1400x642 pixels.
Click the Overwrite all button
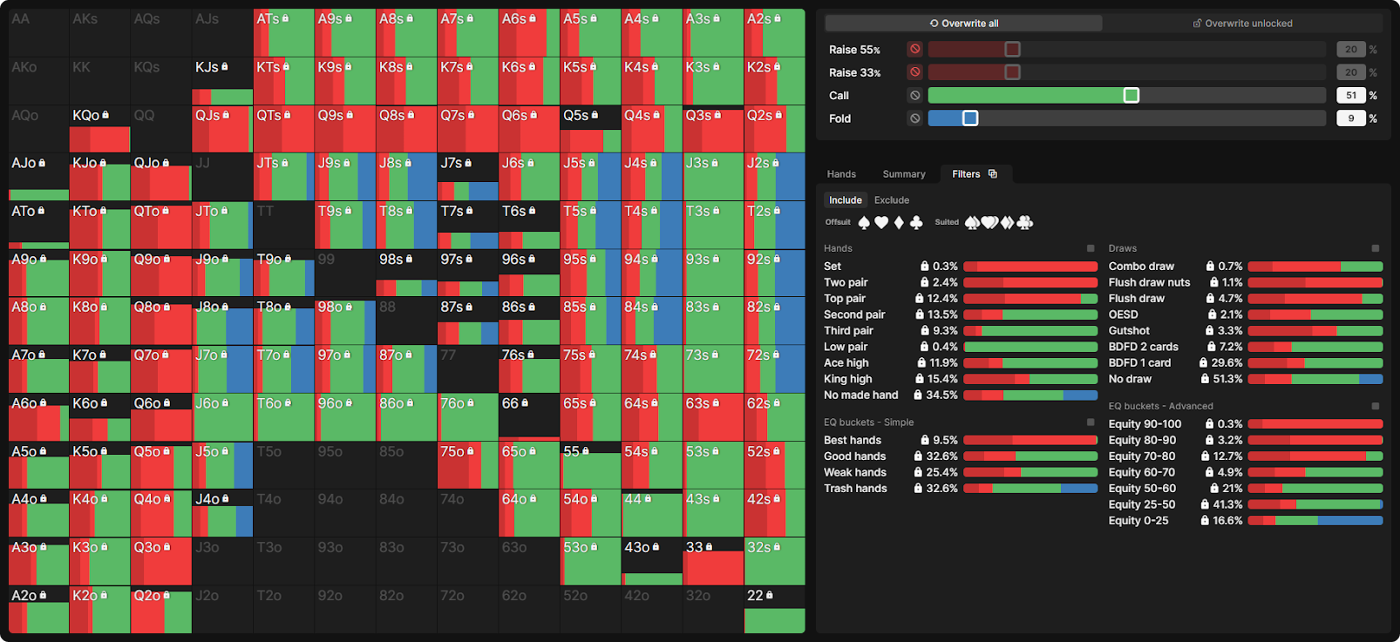pos(963,24)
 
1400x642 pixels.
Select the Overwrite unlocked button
pos(1242,24)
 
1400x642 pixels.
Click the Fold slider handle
pos(970,118)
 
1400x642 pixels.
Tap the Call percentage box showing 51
pos(1350,96)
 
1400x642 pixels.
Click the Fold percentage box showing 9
pos(1350,118)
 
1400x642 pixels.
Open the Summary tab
pos(904,174)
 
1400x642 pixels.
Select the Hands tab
pos(841,174)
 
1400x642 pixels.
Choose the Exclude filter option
pos(891,200)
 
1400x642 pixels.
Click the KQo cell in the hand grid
pos(99,128)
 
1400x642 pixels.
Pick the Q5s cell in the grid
pos(590,128)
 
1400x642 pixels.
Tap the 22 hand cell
pos(774,609)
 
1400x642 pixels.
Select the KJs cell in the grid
pos(222,80)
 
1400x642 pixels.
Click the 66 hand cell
pos(529,416)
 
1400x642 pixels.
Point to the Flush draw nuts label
pos(1149,282)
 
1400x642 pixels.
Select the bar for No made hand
pos(1030,395)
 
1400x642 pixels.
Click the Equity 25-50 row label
pos(1141,504)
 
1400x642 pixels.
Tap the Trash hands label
pos(855,489)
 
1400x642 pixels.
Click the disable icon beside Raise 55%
pos(914,50)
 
